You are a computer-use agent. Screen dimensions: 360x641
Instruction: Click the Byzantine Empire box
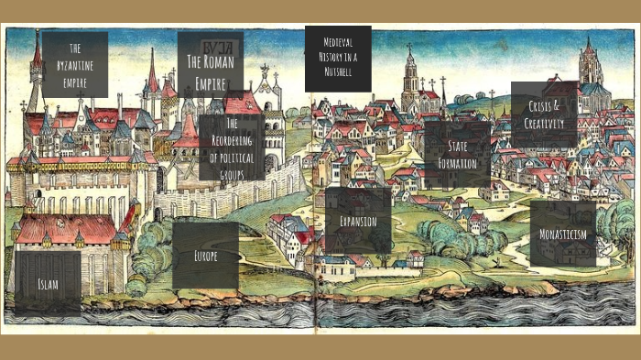point(75,64)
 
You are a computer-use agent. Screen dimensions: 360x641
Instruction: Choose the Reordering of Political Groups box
point(232,147)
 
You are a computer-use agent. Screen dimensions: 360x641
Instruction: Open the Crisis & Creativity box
point(544,115)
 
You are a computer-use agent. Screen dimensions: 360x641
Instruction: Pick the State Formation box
point(457,155)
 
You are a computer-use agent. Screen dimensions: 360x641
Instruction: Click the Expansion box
point(358,221)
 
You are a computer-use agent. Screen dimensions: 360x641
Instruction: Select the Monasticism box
point(563,234)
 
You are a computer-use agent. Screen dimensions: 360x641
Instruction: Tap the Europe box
point(205,256)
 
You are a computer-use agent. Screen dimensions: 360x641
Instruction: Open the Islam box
point(48,284)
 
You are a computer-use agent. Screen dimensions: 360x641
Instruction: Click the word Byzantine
point(75,63)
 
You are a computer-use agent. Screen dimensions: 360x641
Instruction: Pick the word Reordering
point(232,139)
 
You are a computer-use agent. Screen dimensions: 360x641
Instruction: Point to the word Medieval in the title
point(338,42)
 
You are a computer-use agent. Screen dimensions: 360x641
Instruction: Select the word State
point(459,147)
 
